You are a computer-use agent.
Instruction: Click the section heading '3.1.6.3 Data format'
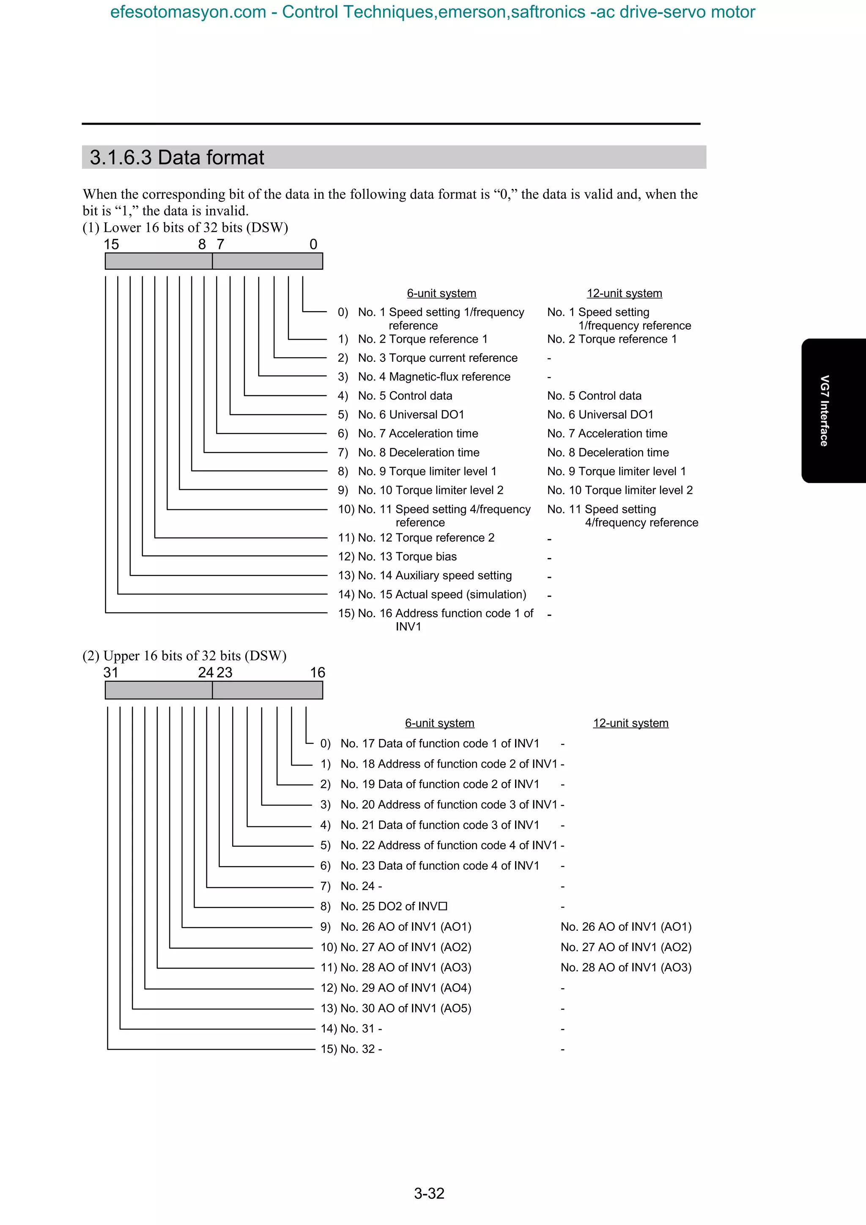[x=177, y=157]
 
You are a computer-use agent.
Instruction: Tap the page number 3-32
[x=429, y=1193]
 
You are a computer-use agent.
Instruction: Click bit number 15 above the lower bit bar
[x=111, y=244]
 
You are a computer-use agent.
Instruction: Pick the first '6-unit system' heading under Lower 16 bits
[x=441, y=293]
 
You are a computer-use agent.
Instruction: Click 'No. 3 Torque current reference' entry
[x=438, y=358]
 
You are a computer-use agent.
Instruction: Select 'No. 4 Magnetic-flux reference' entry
[x=434, y=377]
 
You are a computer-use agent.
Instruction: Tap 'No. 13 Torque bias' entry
[x=407, y=556]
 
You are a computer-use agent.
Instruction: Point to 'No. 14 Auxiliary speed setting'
[x=435, y=575]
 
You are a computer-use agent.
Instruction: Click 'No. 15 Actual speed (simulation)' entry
[x=442, y=594]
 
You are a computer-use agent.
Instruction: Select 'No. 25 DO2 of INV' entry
[x=394, y=906]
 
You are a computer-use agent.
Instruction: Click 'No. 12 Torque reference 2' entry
[x=426, y=538]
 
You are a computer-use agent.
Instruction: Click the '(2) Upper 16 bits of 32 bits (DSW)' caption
[x=184, y=655]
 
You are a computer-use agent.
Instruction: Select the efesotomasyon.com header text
[x=432, y=12]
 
